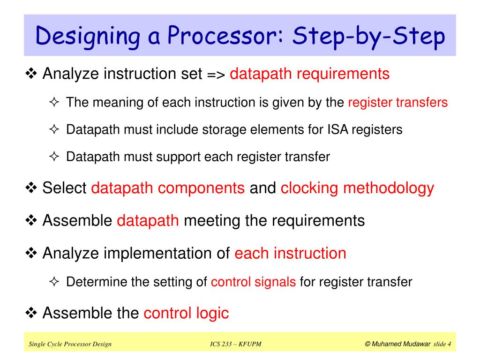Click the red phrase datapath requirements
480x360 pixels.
(x=310, y=74)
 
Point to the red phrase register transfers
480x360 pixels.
(x=397, y=102)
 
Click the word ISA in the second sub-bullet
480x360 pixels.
(x=335, y=129)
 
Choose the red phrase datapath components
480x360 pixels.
(x=168, y=188)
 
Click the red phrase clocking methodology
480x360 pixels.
(x=357, y=188)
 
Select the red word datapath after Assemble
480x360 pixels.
(x=148, y=220)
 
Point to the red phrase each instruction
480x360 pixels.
(x=290, y=253)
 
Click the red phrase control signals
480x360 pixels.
(x=253, y=282)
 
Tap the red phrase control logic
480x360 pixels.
(x=186, y=313)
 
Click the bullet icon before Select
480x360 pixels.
(x=32, y=188)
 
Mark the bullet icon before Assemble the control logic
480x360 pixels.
(x=32, y=313)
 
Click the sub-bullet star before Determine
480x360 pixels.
(x=54, y=282)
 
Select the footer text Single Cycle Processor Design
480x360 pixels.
(x=70, y=345)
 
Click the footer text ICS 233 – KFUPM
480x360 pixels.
(x=236, y=345)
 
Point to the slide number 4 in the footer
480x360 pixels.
(x=449, y=345)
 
